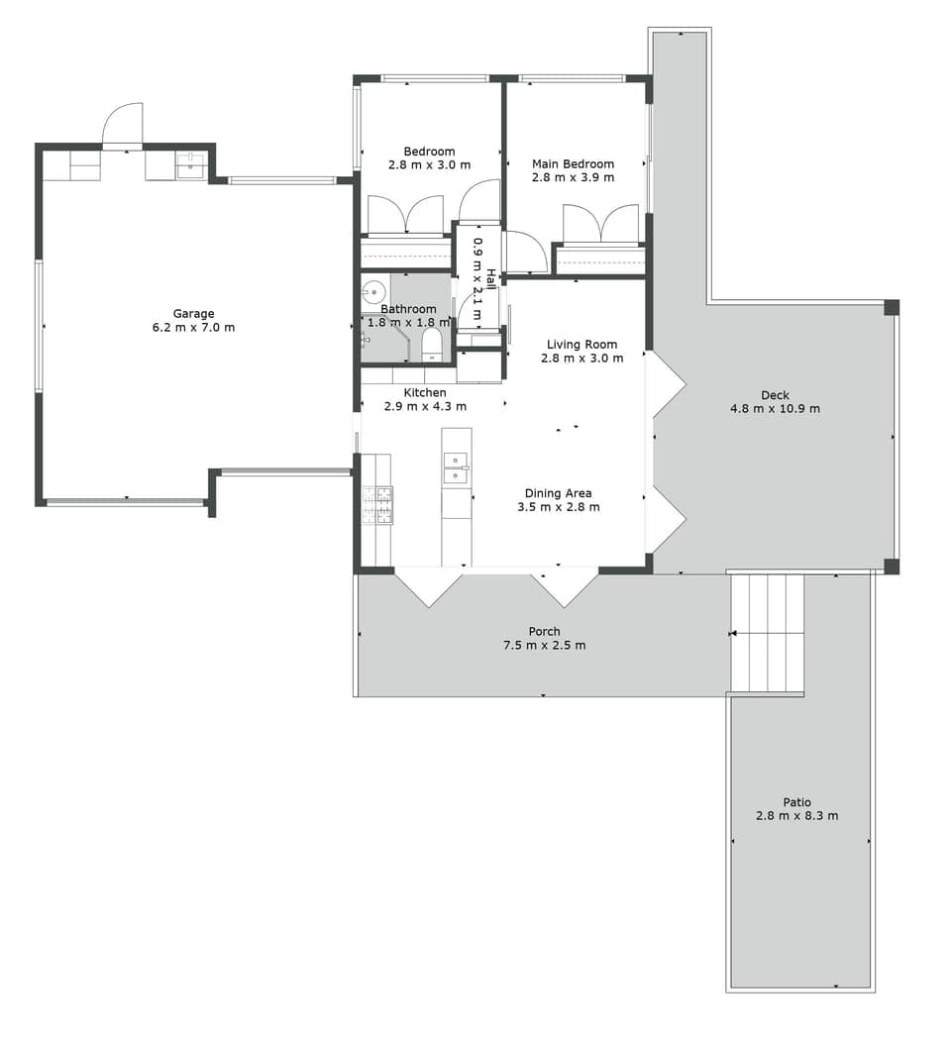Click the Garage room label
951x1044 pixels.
click(x=194, y=314)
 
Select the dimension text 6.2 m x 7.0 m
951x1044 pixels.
click(x=194, y=328)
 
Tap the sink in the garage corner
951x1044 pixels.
click(x=190, y=165)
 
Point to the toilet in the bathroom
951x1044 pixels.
click(x=432, y=343)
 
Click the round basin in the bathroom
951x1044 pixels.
click(x=373, y=291)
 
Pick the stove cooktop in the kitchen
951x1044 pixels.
click(x=377, y=505)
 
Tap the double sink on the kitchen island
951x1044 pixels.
click(x=456, y=468)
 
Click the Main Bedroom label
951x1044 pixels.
click(x=573, y=164)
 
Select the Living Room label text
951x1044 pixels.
click(x=581, y=345)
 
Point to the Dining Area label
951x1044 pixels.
click(x=558, y=493)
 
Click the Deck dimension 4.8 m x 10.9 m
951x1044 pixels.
click(x=775, y=408)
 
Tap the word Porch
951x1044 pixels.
click(x=544, y=631)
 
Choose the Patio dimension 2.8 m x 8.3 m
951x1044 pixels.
click(x=796, y=816)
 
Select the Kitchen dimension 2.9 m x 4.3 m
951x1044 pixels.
click(x=425, y=406)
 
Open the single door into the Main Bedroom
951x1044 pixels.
click(x=525, y=253)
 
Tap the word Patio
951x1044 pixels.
click(x=796, y=802)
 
